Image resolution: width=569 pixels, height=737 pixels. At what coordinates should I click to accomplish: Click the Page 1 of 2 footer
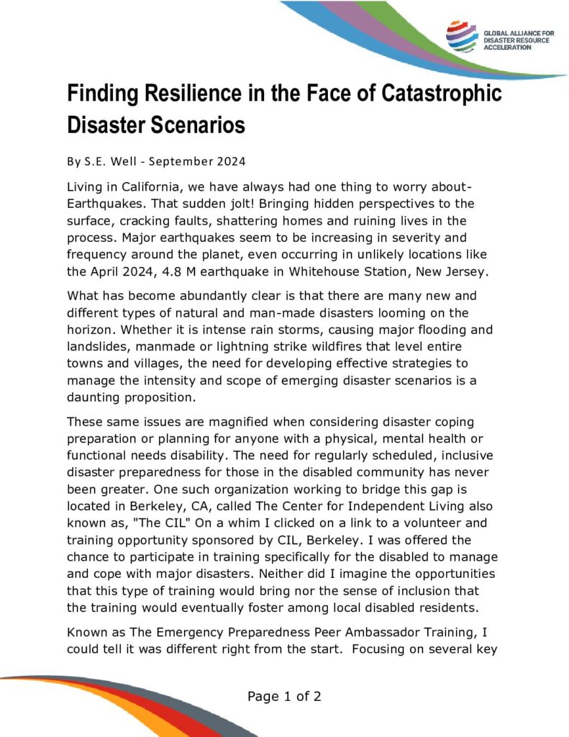coord(284,696)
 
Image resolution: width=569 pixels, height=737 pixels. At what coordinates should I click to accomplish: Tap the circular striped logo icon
coord(460,35)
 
